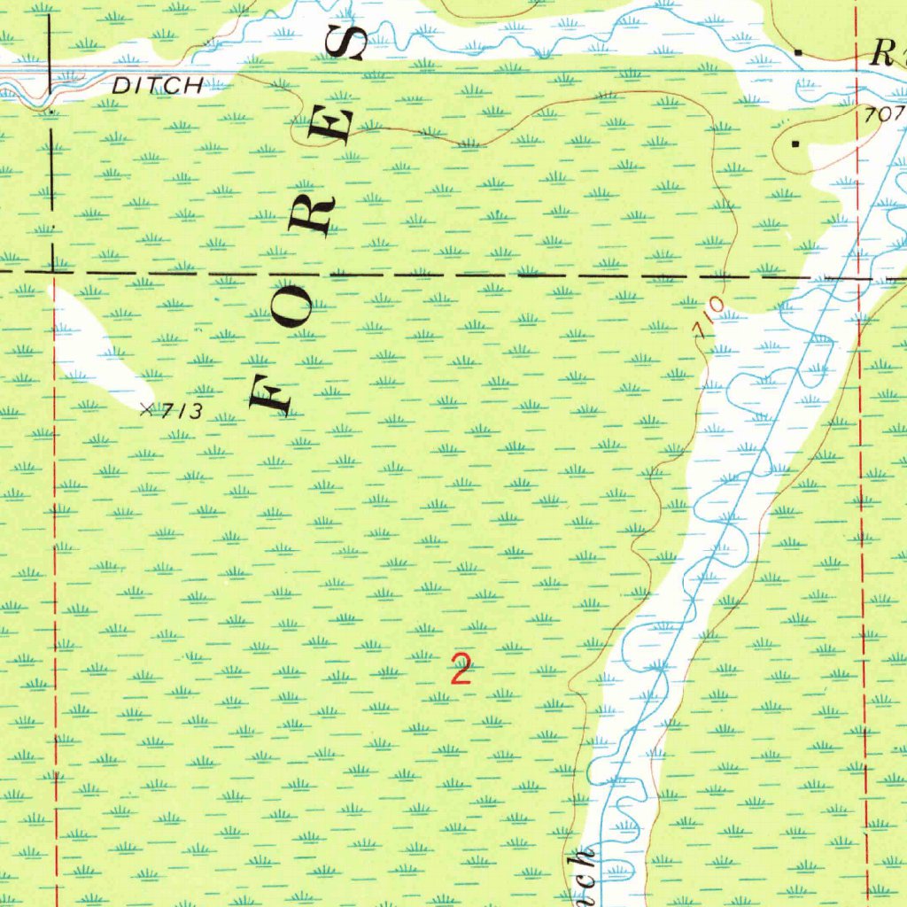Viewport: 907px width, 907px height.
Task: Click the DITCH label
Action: tap(158, 86)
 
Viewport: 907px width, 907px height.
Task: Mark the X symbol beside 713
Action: tap(147, 408)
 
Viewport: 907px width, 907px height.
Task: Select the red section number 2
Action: tap(460, 669)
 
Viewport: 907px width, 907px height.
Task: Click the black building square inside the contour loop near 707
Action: tap(795, 143)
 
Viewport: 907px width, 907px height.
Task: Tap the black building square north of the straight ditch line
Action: tap(799, 53)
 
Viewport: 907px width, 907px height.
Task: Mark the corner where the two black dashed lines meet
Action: tap(51, 268)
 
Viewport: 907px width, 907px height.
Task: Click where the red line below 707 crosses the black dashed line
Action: tap(859, 278)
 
